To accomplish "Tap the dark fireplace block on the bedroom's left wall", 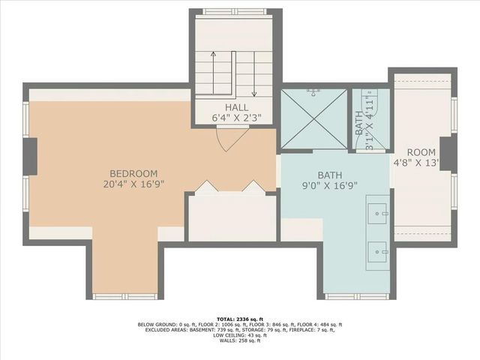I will (31, 156).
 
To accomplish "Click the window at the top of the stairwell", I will (235, 12).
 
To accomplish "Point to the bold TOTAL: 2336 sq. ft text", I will (240, 318).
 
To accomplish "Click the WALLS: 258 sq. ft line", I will (240, 340).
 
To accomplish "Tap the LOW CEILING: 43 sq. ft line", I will (240, 334).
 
